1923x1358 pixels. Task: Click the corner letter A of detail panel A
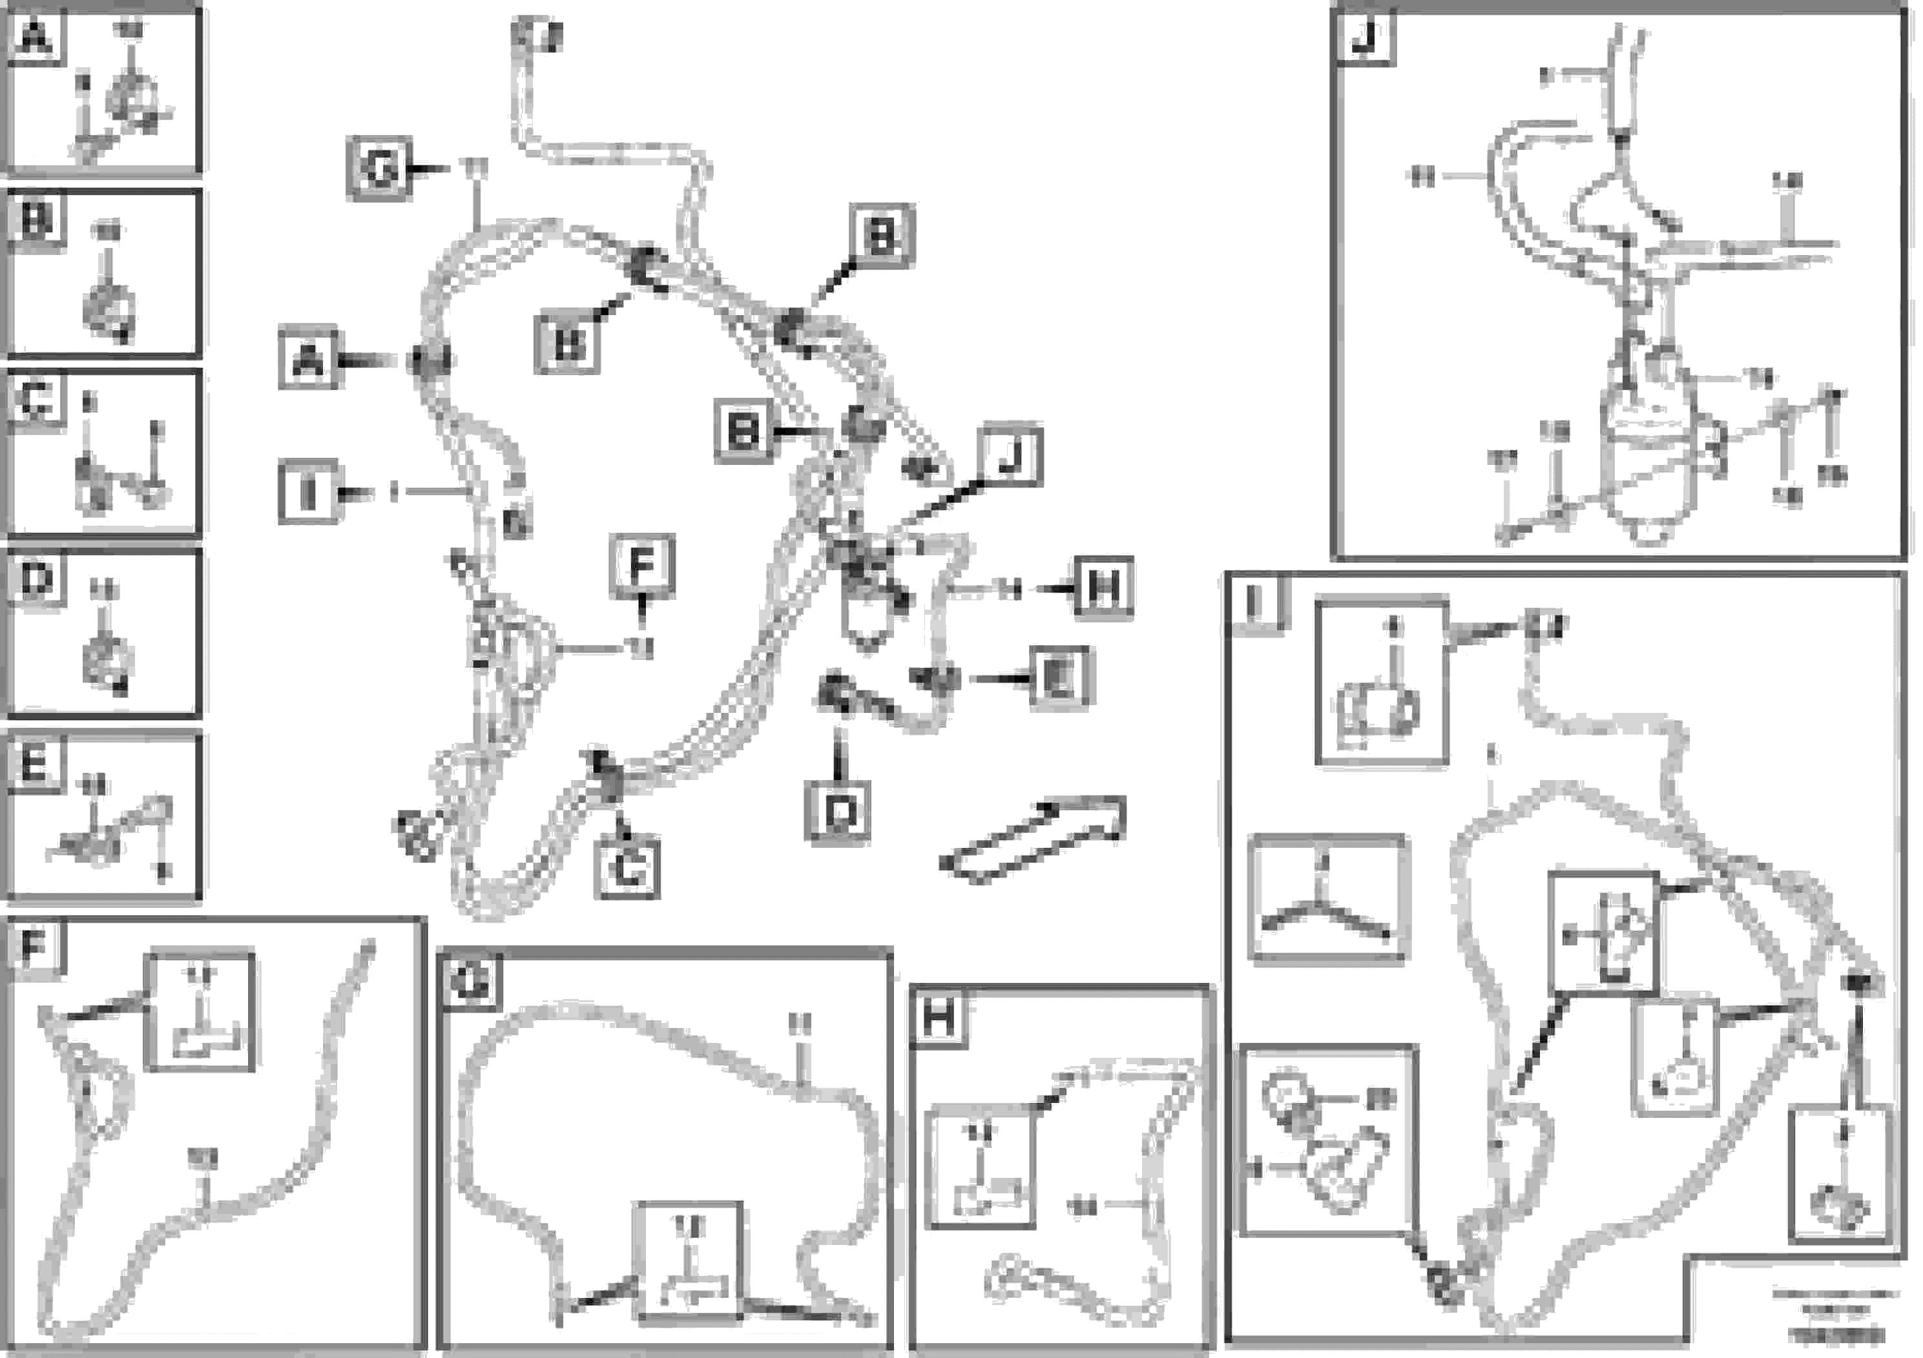click(x=34, y=37)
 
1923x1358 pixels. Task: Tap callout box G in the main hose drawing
click(x=379, y=170)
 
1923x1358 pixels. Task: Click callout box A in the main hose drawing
click(x=309, y=362)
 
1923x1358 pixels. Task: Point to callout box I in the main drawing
click(x=308, y=492)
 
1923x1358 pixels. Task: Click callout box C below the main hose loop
click(x=628, y=870)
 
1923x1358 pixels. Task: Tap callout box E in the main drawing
click(x=1060, y=678)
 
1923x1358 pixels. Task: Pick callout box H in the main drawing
click(x=1103, y=588)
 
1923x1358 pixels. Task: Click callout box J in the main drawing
click(x=1012, y=457)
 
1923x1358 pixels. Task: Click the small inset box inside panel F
click(x=200, y=1011)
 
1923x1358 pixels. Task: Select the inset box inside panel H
click(x=981, y=1166)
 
